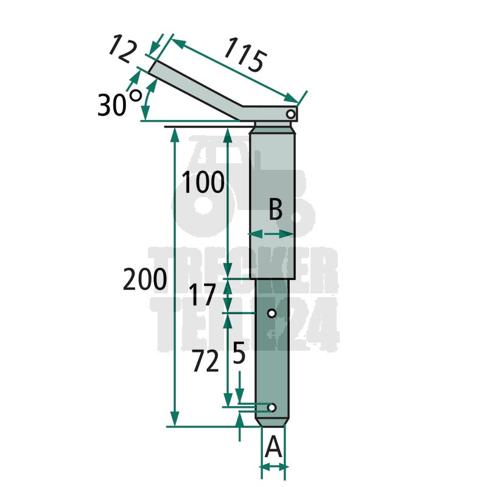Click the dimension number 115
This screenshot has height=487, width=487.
point(245,55)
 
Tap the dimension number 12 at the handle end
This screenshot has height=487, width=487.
point(123,49)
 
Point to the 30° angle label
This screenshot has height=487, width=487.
point(119,103)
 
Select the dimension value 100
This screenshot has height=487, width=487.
point(203,182)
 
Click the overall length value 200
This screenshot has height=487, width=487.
point(145,279)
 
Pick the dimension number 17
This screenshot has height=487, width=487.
point(202,295)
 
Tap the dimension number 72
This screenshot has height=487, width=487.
point(205,361)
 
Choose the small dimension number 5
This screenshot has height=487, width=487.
point(239,353)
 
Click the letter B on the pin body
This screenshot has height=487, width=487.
point(276,209)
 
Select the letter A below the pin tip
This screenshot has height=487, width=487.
point(273,446)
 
